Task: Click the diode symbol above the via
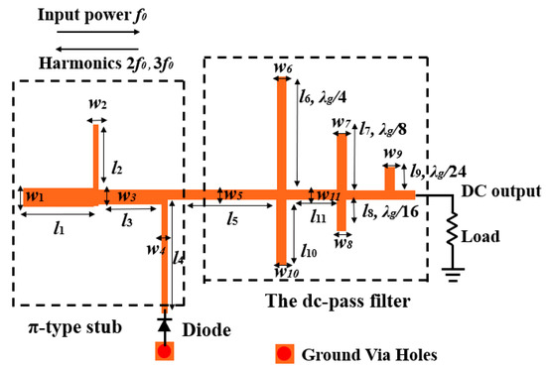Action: tap(165, 324)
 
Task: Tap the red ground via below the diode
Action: tap(165, 350)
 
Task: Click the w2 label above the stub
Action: tap(98, 104)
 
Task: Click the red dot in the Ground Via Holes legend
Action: tap(286, 352)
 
